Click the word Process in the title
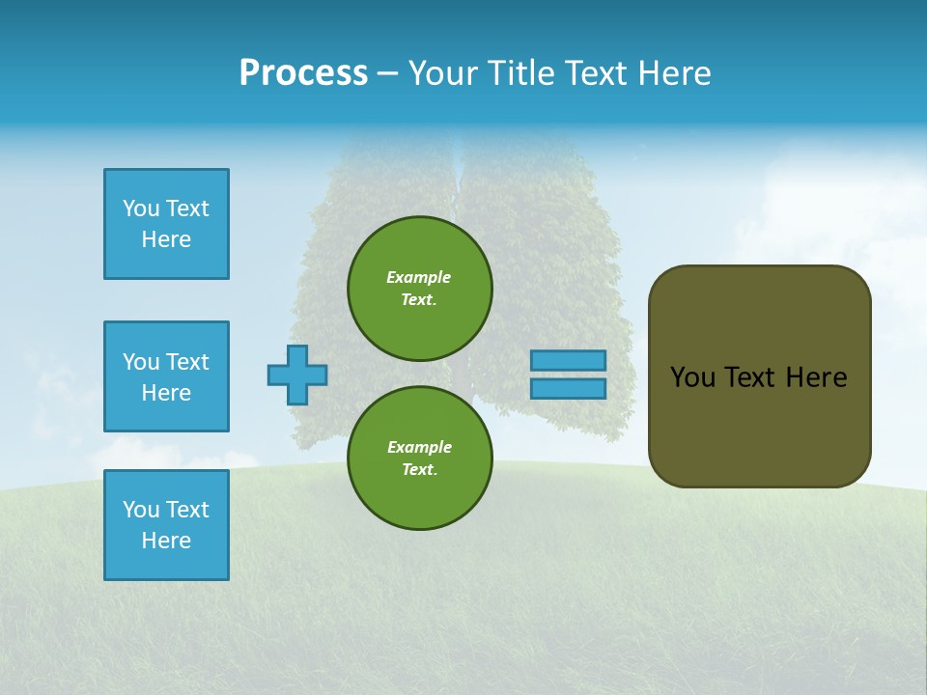[x=303, y=73]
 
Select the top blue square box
[x=166, y=224]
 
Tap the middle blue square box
[x=166, y=376]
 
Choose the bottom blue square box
[x=166, y=525]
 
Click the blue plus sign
[x=297, y=375]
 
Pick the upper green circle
[x=420, y=288]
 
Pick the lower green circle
[x=420, y=458]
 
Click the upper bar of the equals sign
[x=568, y=360]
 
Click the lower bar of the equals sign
[x=568, y=388]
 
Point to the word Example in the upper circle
[x=419, y=277]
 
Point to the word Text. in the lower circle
[x=419, y=469]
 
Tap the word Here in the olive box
[x=816, y=377]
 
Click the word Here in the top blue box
[x=166, y=239]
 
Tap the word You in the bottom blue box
[x=141, y=510]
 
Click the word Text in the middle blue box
[x=187, y=362]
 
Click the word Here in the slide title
[x=674, y=73]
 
